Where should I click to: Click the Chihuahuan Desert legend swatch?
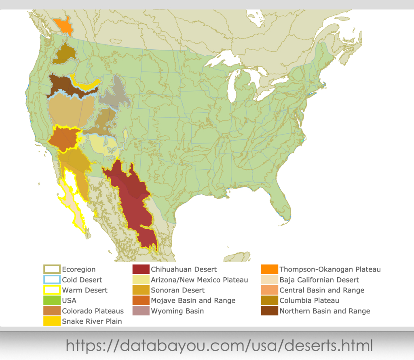click(x=141, y=269)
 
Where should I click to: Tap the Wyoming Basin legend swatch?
click(x=141, y=311)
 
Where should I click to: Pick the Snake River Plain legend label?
click(x=92, y=322)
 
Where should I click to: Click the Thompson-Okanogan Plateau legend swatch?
click(x=269, y=269)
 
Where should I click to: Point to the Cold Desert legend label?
click(x=82, y=280)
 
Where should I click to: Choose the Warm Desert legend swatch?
click(x=52, y=290)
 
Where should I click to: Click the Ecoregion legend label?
click(x=79, y=269)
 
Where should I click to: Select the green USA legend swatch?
click(x=52, y=301)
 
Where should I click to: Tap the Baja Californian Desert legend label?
click(x=319, y=280)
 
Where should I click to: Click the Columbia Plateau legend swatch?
click(x=269, y=301)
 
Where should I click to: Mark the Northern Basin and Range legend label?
click(x=325, y=311)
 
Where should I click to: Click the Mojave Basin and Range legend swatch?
click(x=141, y=301)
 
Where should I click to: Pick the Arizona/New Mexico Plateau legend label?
click(x=199, y=280)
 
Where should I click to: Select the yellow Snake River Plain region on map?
click(x=87, y=85)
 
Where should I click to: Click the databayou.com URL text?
click(x=219, y=346)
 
